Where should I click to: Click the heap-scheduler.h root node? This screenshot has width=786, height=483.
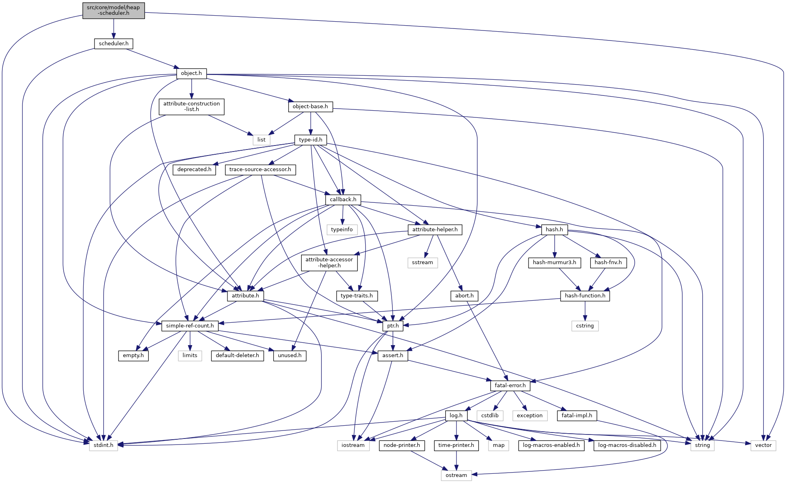click(113, 10)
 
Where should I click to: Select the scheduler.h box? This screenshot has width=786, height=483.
click(113, 44)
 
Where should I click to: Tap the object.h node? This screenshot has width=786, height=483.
click(191, 73)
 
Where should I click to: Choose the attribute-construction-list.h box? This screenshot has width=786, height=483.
click(191, 107)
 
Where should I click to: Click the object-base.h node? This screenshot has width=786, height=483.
click(310, 107)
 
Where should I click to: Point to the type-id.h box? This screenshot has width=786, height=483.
click(310, 140)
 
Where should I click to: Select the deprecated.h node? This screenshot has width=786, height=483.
click(194, 170)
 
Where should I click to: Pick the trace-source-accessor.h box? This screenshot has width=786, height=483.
click(260, 170)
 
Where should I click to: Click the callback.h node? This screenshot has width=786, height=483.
click(343, 200)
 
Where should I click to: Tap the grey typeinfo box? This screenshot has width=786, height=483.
click(342, 230)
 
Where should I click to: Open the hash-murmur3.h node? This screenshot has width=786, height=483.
click(554, 263)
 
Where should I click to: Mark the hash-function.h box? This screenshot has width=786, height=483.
click(585, 296)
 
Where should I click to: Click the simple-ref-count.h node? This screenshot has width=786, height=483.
click(190, 326)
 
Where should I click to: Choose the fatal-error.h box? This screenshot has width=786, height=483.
click(510, 386)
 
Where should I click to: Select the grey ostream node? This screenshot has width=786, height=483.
click(456, 475)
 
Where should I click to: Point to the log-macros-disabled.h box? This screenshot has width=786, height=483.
click(627, 445)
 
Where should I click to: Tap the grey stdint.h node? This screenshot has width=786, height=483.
click(103, 445)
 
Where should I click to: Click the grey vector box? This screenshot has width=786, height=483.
click(763, 445)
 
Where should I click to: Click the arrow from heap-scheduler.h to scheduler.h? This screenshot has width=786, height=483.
click(114, 28)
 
